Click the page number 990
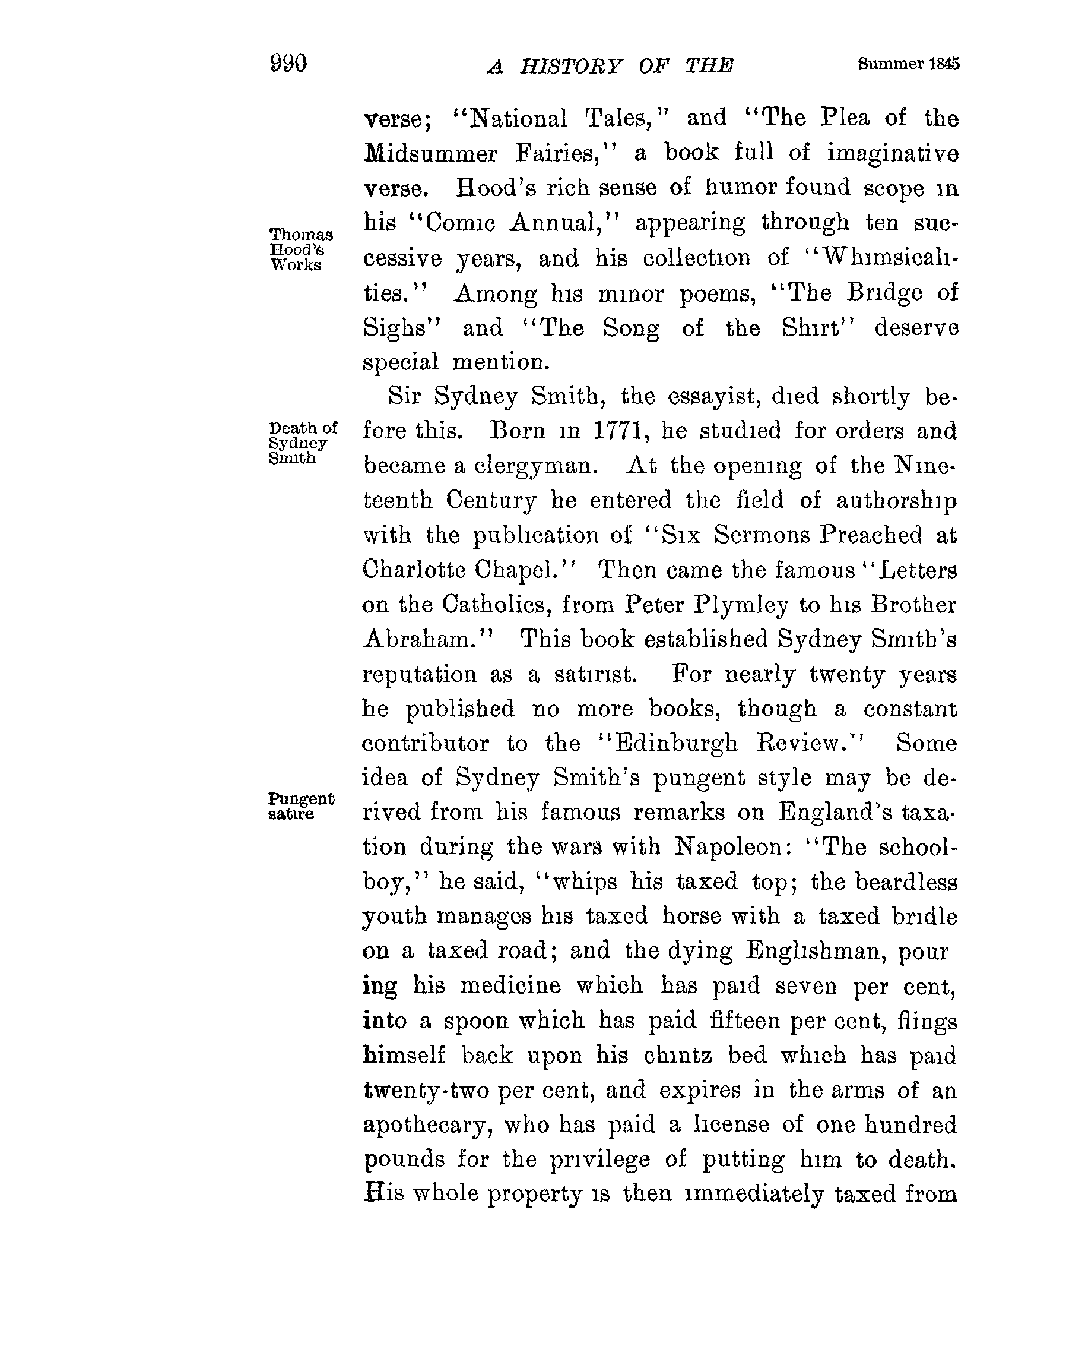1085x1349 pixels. tap(288, 64)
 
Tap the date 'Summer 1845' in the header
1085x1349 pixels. tap(908, 64)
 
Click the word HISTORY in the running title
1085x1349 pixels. tap(570, 66)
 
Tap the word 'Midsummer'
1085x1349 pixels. tap(430, 153)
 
